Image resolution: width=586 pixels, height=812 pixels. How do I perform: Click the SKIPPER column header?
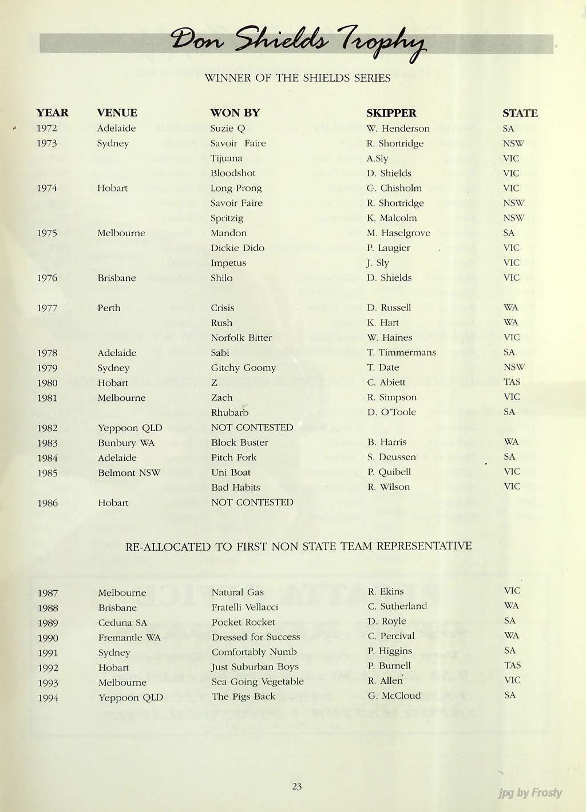click(391, 113)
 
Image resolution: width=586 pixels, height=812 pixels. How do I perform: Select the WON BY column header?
click(235, 113)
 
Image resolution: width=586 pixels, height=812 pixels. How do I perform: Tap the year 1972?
click(47, 128)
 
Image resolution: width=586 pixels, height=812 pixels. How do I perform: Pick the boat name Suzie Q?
click(227, 129)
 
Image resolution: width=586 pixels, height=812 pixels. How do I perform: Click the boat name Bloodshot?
click(233, 173)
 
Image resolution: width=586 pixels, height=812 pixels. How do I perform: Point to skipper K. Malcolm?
click(391, 218)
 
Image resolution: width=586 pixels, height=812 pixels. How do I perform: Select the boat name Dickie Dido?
click(237, 248)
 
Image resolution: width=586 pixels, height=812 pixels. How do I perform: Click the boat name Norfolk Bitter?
click(241, 337)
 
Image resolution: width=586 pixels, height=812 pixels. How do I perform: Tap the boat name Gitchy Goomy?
click(243, 368)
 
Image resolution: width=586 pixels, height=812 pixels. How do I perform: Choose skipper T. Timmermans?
click(401, 352)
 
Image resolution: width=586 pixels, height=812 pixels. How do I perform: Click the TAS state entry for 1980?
click(512, 382)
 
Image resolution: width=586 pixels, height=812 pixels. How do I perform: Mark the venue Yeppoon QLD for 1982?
click(130, 428)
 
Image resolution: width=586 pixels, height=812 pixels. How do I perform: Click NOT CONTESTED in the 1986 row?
click(252, 502)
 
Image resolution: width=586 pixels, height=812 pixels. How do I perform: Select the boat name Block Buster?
click(239, 442)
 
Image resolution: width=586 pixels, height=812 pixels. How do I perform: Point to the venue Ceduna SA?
click(122, 623)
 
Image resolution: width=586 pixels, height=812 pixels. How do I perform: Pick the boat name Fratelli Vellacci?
click(244, 607)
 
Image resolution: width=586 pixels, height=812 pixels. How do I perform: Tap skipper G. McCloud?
click(394, 695)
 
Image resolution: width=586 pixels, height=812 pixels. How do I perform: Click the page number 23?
click(296, 786)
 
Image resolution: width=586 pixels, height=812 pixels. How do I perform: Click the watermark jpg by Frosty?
click(530, 793)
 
